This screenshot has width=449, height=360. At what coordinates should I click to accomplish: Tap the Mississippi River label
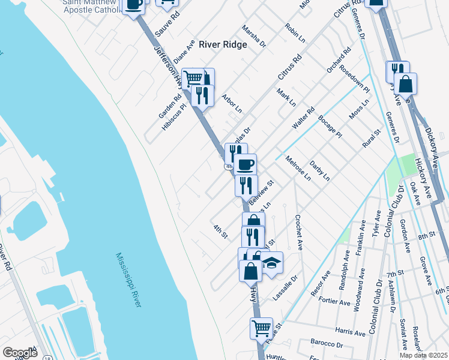[x=128, y=280]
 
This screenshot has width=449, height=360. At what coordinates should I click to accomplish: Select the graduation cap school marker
[x=271, y=263]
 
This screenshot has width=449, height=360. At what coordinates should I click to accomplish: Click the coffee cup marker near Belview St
[x=245, y=165]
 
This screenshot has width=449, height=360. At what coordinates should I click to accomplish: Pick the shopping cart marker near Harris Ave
[x=261, y=328]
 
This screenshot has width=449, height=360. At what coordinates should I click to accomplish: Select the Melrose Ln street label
[x=298, y=169]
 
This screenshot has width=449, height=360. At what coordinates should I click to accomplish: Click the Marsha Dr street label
[x=254, y=37]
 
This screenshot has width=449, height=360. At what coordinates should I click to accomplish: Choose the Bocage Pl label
[x=330, y=126]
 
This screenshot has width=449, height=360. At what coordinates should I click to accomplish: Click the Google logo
[x=20, y=353]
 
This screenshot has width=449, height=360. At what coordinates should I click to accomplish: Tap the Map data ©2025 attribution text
[x=423, y=355]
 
